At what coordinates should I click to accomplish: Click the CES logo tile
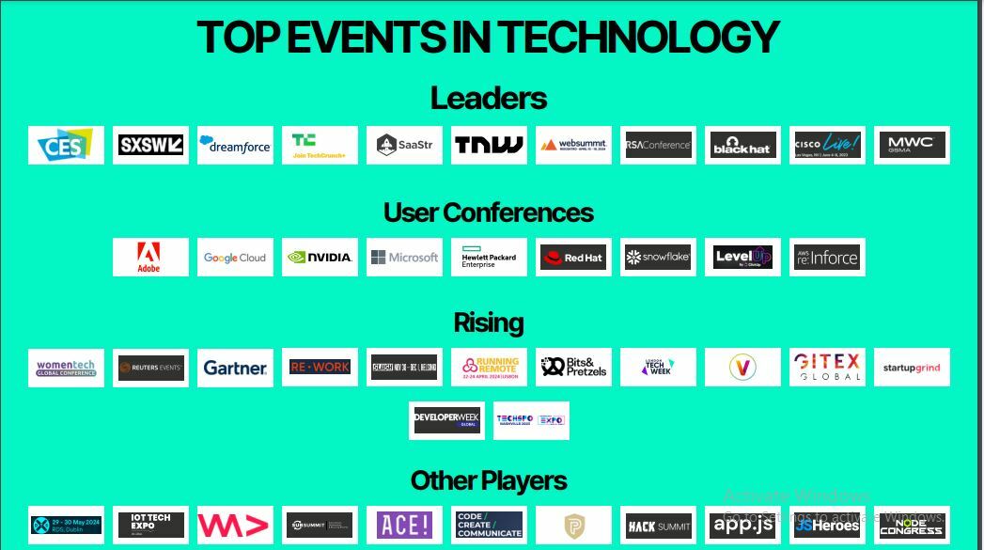click(x=66, y=145)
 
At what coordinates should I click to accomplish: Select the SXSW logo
click(x=150, y=145)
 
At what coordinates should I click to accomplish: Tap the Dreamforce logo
click(x=235, y=145)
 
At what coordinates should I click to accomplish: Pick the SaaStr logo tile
click(x=404, y=145)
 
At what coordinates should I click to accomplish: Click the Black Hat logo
click(x=742, y=145)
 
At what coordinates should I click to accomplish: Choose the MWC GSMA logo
click(x=912, y=145)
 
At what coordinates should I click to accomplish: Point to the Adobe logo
click(x=150, y=257)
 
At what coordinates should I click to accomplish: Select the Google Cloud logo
click(x=235, y=257)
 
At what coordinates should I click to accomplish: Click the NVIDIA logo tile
click(x=320, y=257)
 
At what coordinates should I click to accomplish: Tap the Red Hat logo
click(x=573, y=257)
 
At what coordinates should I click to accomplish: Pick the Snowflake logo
click(x=658, y=257)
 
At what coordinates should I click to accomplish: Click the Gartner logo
click(x=235, y=368)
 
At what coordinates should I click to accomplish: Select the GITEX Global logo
click(x=827, y=368)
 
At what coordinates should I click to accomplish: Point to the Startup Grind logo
click(x=912, y=368)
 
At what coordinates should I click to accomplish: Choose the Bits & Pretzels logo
click(x=573, y=368)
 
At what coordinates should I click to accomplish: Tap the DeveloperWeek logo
click(x=446, y=420)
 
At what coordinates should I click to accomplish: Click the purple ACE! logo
click(x=404, y=525)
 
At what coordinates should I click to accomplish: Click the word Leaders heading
click(x=489, y=98)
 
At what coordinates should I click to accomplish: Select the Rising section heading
click(x=489, y=322)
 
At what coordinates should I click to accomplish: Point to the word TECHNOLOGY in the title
click(x=638, y=38)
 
